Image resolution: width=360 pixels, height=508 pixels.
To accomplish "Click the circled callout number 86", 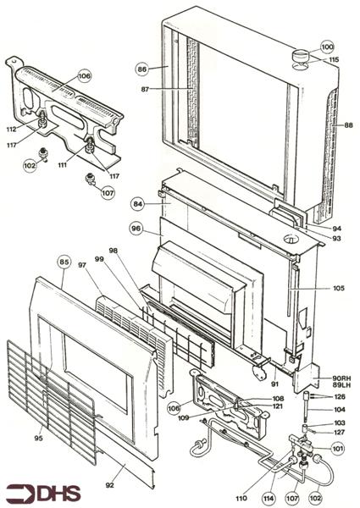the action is click(x=142, y=69).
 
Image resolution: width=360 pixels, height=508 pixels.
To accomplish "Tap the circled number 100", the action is click(x=327, y=47).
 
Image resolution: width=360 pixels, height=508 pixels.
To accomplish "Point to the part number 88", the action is click(x=348, y=125).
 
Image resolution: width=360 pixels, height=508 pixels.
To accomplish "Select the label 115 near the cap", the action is click(x=334, y=59).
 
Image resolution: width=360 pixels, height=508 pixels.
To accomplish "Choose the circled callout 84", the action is click(x=138, y=204).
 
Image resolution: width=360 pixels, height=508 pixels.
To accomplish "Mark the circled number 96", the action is click(x=136, y=229).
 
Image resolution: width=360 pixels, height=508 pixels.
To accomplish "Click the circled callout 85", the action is click(x=64, y=262).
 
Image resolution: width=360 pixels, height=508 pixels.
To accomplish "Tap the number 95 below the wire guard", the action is click(x=39, y=439).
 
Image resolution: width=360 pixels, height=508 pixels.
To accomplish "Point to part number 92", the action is click(x=110, y=485).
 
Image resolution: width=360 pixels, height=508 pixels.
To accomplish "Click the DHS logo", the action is click(x=43, y=494).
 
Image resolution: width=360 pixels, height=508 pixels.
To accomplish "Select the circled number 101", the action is click(x=338, y=449).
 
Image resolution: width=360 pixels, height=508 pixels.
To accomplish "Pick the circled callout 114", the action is click(x=269, y=499).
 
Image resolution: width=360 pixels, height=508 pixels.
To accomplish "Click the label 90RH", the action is click(x=341, y=378).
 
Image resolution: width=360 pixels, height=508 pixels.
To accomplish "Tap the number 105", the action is click(x=339, y=288).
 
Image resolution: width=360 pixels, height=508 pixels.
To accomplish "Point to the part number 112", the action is click(x=11, y=130).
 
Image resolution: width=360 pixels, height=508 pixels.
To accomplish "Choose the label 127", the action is click(x=340, y=432).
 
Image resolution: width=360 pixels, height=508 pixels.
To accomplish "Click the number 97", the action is click(x=82, y=265).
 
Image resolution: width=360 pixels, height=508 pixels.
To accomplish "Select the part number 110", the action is click(x=241, y=499).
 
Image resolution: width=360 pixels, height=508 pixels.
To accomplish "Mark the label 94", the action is click(x=336, y=229).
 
